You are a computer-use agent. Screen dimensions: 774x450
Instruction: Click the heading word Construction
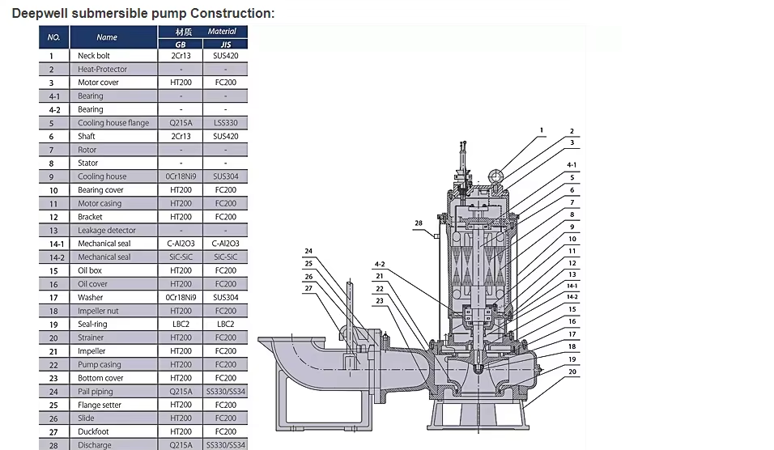click(x=232, y=13)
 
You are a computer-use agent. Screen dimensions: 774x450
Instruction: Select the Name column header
click(x=107, y=37)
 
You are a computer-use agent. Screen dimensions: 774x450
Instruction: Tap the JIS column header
click(x=226, y=45)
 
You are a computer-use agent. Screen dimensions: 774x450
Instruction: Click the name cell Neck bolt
click(x=94, y=56)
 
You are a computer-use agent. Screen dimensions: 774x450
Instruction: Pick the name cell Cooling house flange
click(x=113, y=123)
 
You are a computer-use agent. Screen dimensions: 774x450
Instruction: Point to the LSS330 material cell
click(x=226, y=123)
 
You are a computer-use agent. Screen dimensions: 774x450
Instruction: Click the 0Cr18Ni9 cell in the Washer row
click(x=181, y=298)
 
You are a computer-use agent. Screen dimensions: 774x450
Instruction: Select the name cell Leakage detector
click(x=107, y=231)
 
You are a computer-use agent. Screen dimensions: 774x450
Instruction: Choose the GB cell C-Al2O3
click(x=181, y=244)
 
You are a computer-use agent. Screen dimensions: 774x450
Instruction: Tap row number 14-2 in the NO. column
click(x=57, y=257)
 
